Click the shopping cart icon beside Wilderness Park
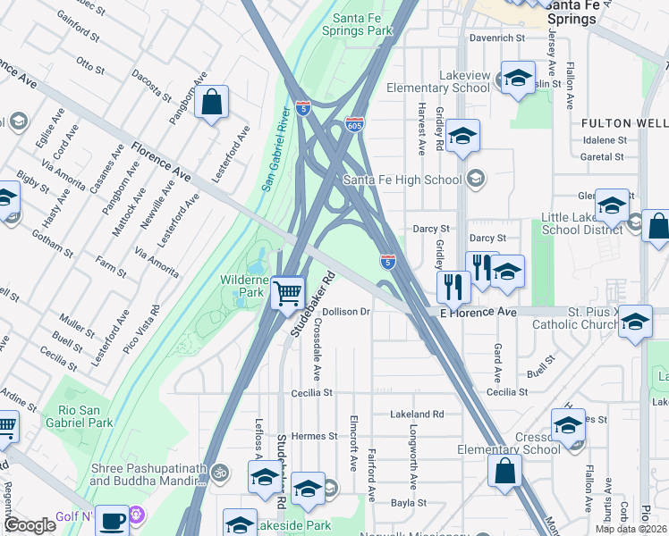point(287,292)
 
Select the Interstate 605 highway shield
point(355,125)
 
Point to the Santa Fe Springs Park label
point(363,24)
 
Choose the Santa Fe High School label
point(403,180)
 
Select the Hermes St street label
point(313,436)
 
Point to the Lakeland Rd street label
point(417,415)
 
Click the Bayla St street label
point(408,503)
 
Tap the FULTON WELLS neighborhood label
point(624,122)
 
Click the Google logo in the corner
point(30,524)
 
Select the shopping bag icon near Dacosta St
point(211,104)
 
